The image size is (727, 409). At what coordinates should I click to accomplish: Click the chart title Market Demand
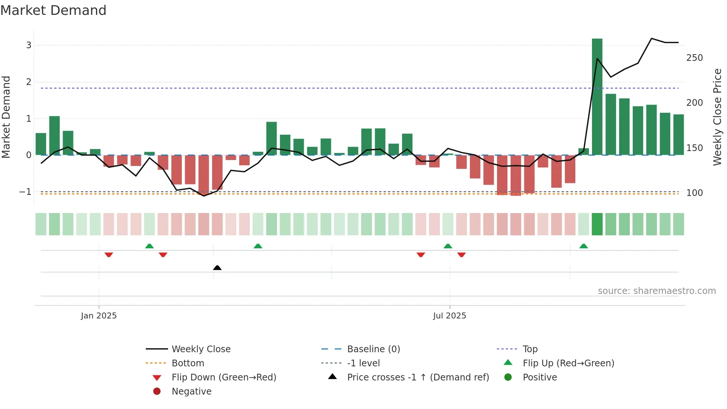[53, 10]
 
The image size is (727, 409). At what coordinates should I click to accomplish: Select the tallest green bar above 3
[597, 96]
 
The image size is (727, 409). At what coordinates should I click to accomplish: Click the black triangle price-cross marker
[217, 268]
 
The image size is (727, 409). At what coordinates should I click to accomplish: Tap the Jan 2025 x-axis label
[99, 315]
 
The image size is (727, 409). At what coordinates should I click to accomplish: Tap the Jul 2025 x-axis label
[449, 315]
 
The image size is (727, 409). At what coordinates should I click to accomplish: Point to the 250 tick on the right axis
[694, 58]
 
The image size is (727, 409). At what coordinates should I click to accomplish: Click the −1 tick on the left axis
[25, 192]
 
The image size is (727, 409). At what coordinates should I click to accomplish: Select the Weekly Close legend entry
[201, 349]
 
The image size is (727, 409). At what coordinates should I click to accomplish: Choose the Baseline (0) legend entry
[373, 349]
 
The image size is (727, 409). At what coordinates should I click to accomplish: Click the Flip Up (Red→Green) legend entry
[568, 363]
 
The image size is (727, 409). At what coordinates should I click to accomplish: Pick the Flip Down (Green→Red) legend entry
[224, 377]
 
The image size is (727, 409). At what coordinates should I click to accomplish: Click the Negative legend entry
[191, 391]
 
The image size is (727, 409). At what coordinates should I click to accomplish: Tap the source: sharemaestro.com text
[657, 291]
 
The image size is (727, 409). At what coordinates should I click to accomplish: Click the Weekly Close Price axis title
[717, 117]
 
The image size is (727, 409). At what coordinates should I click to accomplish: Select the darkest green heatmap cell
[597, 224]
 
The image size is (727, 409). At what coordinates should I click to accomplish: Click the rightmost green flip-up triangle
[583, 246]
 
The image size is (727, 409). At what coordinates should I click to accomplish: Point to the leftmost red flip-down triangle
[109, 255]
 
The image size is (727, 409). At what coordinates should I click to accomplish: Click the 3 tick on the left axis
[29, 45]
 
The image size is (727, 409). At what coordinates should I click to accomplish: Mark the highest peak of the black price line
[651, 39]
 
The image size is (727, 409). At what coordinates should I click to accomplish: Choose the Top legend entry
[530, 349]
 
